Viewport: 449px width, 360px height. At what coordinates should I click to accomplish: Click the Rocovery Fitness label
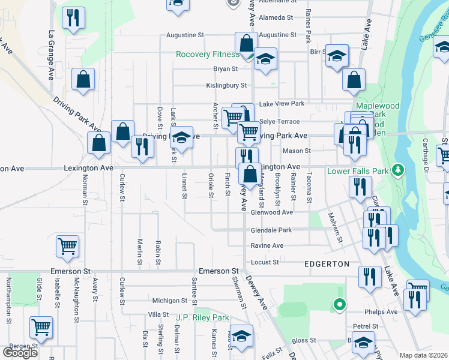(x=207, y=55)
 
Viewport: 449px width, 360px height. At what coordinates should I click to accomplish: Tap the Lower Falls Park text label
(x=358, y=171)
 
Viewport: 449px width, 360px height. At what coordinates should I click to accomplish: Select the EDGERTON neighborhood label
(x=327, y=264)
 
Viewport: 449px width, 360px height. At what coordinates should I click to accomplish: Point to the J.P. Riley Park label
(x=203, y=317)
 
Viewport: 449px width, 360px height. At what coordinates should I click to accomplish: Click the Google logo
(x=20, y=353)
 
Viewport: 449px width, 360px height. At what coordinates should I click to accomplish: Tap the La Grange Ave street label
(x=51, y=55)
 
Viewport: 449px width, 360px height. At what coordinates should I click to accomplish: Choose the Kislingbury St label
(x=226, y=86)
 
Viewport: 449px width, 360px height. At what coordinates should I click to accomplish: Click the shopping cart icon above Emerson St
(x=67, y=245)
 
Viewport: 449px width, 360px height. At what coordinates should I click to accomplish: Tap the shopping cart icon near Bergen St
(x=41, y=327)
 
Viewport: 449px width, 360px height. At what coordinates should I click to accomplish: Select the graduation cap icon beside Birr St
(x=337, y=56)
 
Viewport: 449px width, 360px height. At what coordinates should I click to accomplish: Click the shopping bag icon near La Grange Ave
(x=83, y=80)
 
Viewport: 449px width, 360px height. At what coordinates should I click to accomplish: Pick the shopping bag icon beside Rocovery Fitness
(x=246, y=43)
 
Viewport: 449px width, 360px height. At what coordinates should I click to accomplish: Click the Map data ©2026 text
(x=424, y=355)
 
